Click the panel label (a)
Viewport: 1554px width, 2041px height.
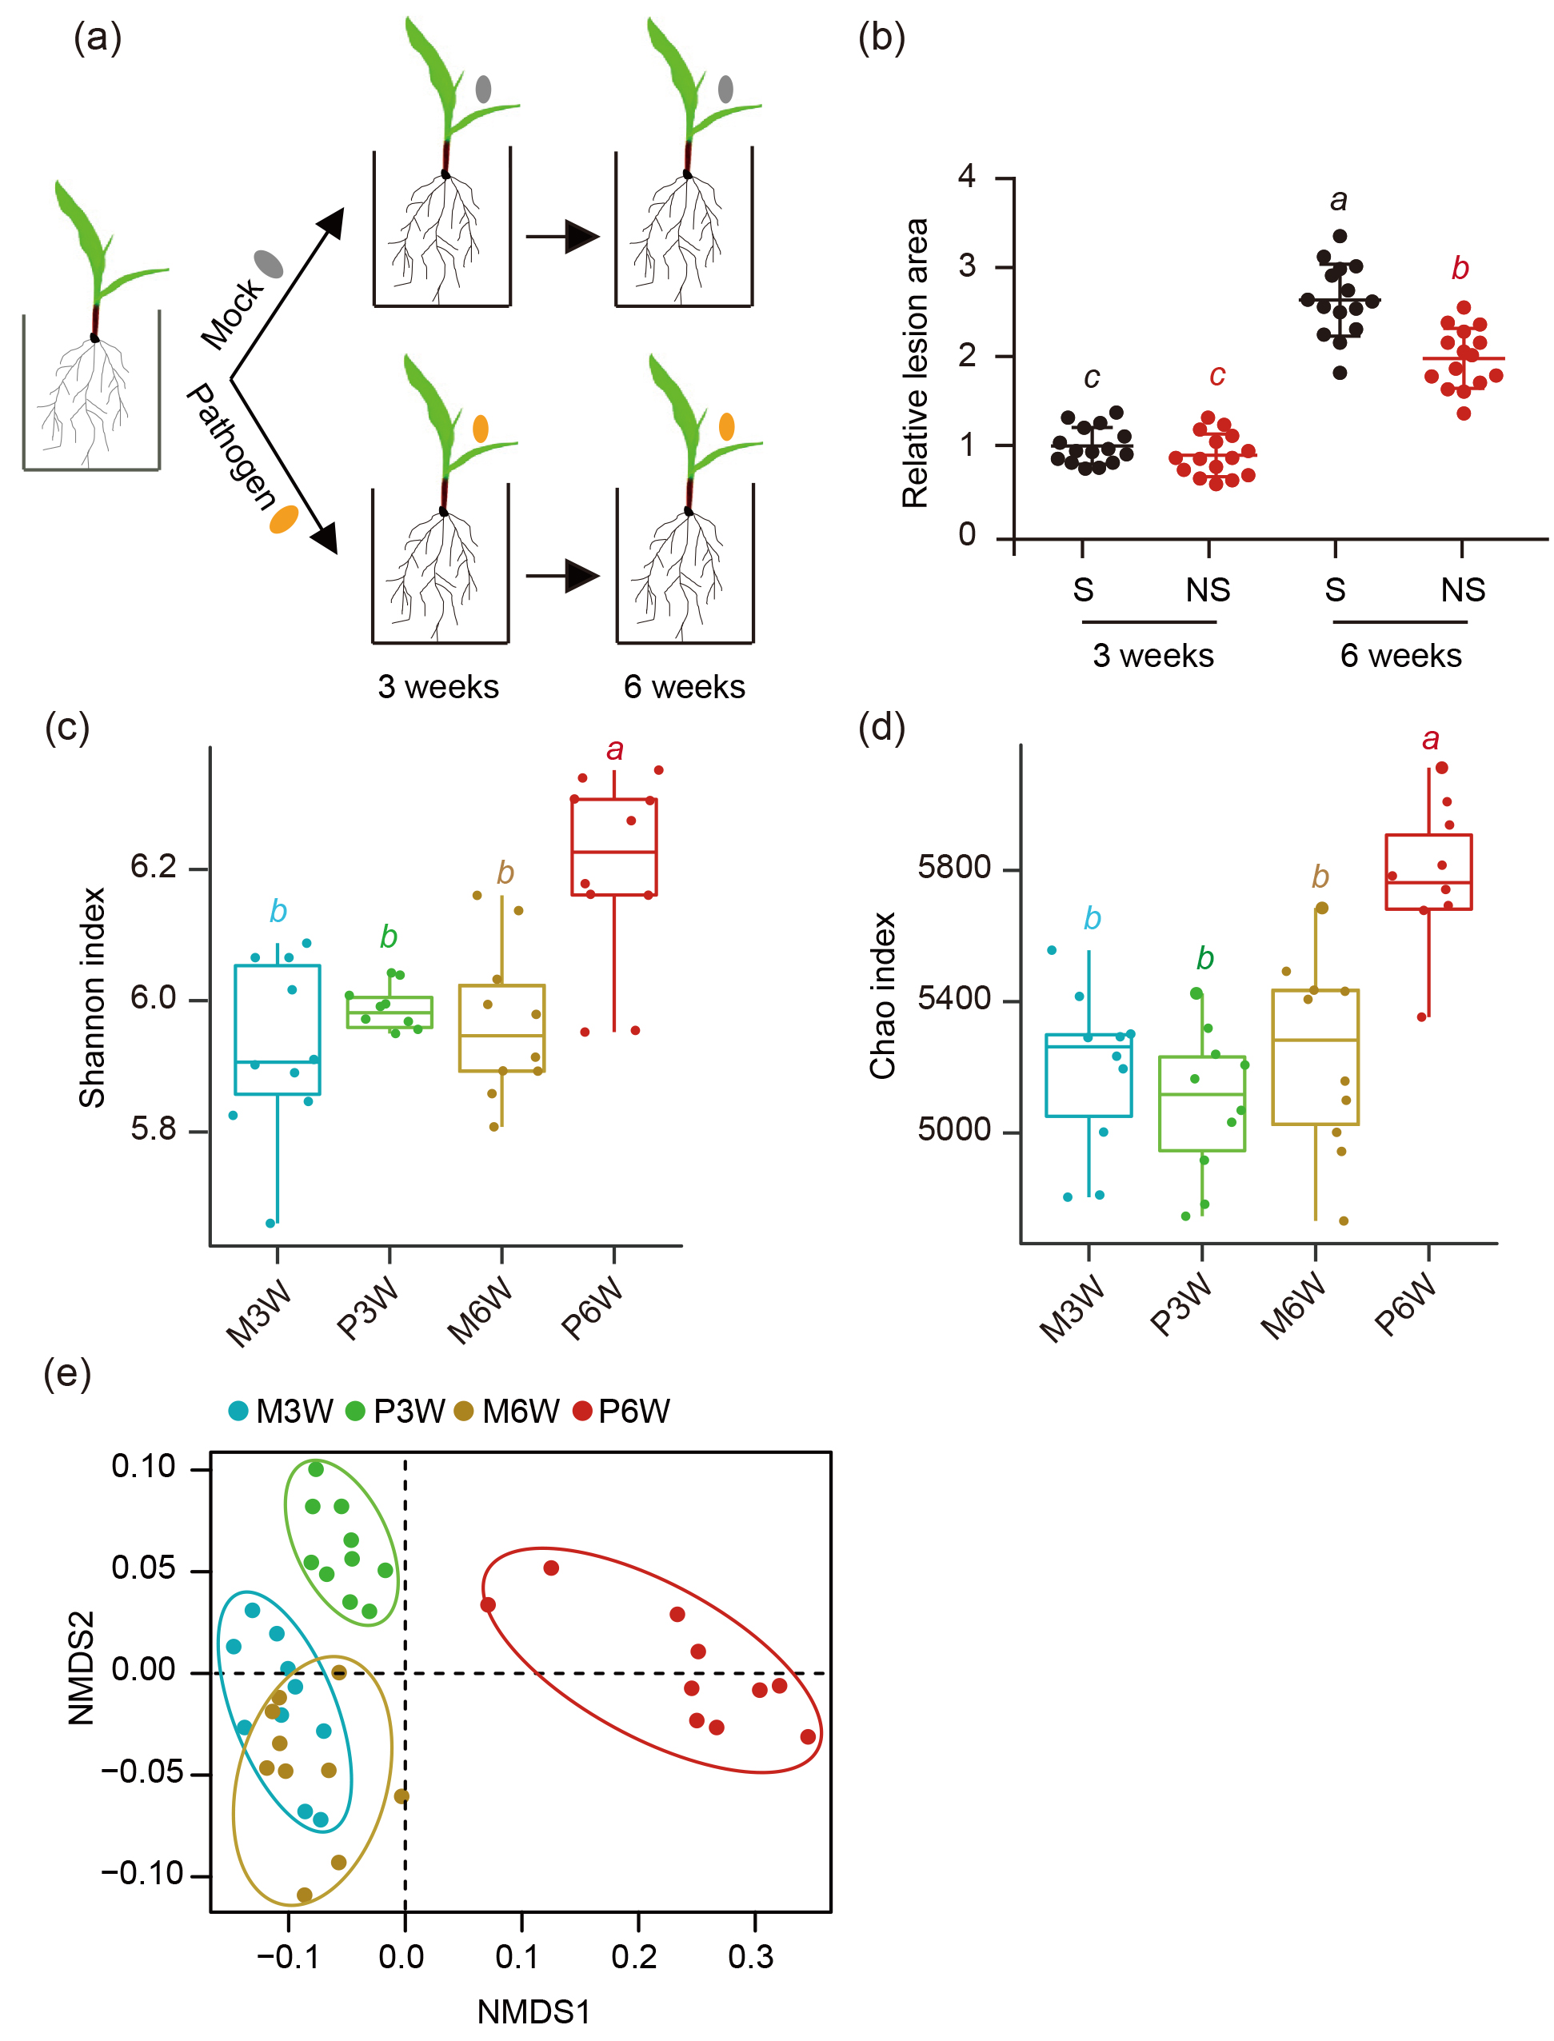[97, 39]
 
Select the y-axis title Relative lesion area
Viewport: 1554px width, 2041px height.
[915, 363]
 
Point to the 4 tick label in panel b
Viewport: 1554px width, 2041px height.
[967, 176]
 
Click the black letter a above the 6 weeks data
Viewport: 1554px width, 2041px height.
[1339, 200]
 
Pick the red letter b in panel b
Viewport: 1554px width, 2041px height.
[1460, 268]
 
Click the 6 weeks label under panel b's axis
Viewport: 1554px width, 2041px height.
[1400, 656]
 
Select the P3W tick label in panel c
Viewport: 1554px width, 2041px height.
[367, 1308]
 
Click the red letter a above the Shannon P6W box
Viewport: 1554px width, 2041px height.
[614, 750]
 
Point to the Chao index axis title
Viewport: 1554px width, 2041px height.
[884, 995]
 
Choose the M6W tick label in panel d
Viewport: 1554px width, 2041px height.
[1293, 1306]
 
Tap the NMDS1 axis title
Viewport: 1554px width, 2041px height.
[533, 2011]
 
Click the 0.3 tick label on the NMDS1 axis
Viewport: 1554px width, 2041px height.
[750, 1956]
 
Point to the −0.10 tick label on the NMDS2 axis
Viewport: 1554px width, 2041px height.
[143, 1874]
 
